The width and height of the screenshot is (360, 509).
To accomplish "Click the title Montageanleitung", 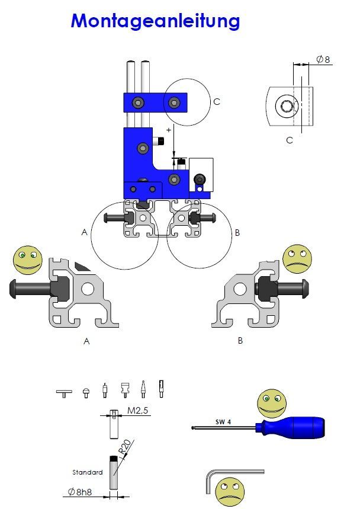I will click(x=155, y=21).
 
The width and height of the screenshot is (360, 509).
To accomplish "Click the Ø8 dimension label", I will click(x=323, y=59).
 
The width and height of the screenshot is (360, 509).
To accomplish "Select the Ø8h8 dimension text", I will click(x=82, y=491).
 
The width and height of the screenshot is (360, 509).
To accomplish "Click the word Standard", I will click(x=88, y=472).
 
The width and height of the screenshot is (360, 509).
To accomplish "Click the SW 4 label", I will click(x=223, y=422).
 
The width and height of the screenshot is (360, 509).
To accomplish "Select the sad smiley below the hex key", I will click(x=230, y=491).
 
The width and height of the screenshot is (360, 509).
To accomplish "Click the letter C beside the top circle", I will click(x=217, y=101).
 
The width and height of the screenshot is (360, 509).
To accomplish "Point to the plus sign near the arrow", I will click(x=169, y=129).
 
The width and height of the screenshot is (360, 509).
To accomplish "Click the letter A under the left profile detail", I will click(x=87, y=341).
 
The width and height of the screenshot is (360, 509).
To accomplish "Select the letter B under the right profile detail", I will click(x=240, y=341).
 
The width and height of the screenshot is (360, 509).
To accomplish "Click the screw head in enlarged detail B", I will click(x=303, y=290).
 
